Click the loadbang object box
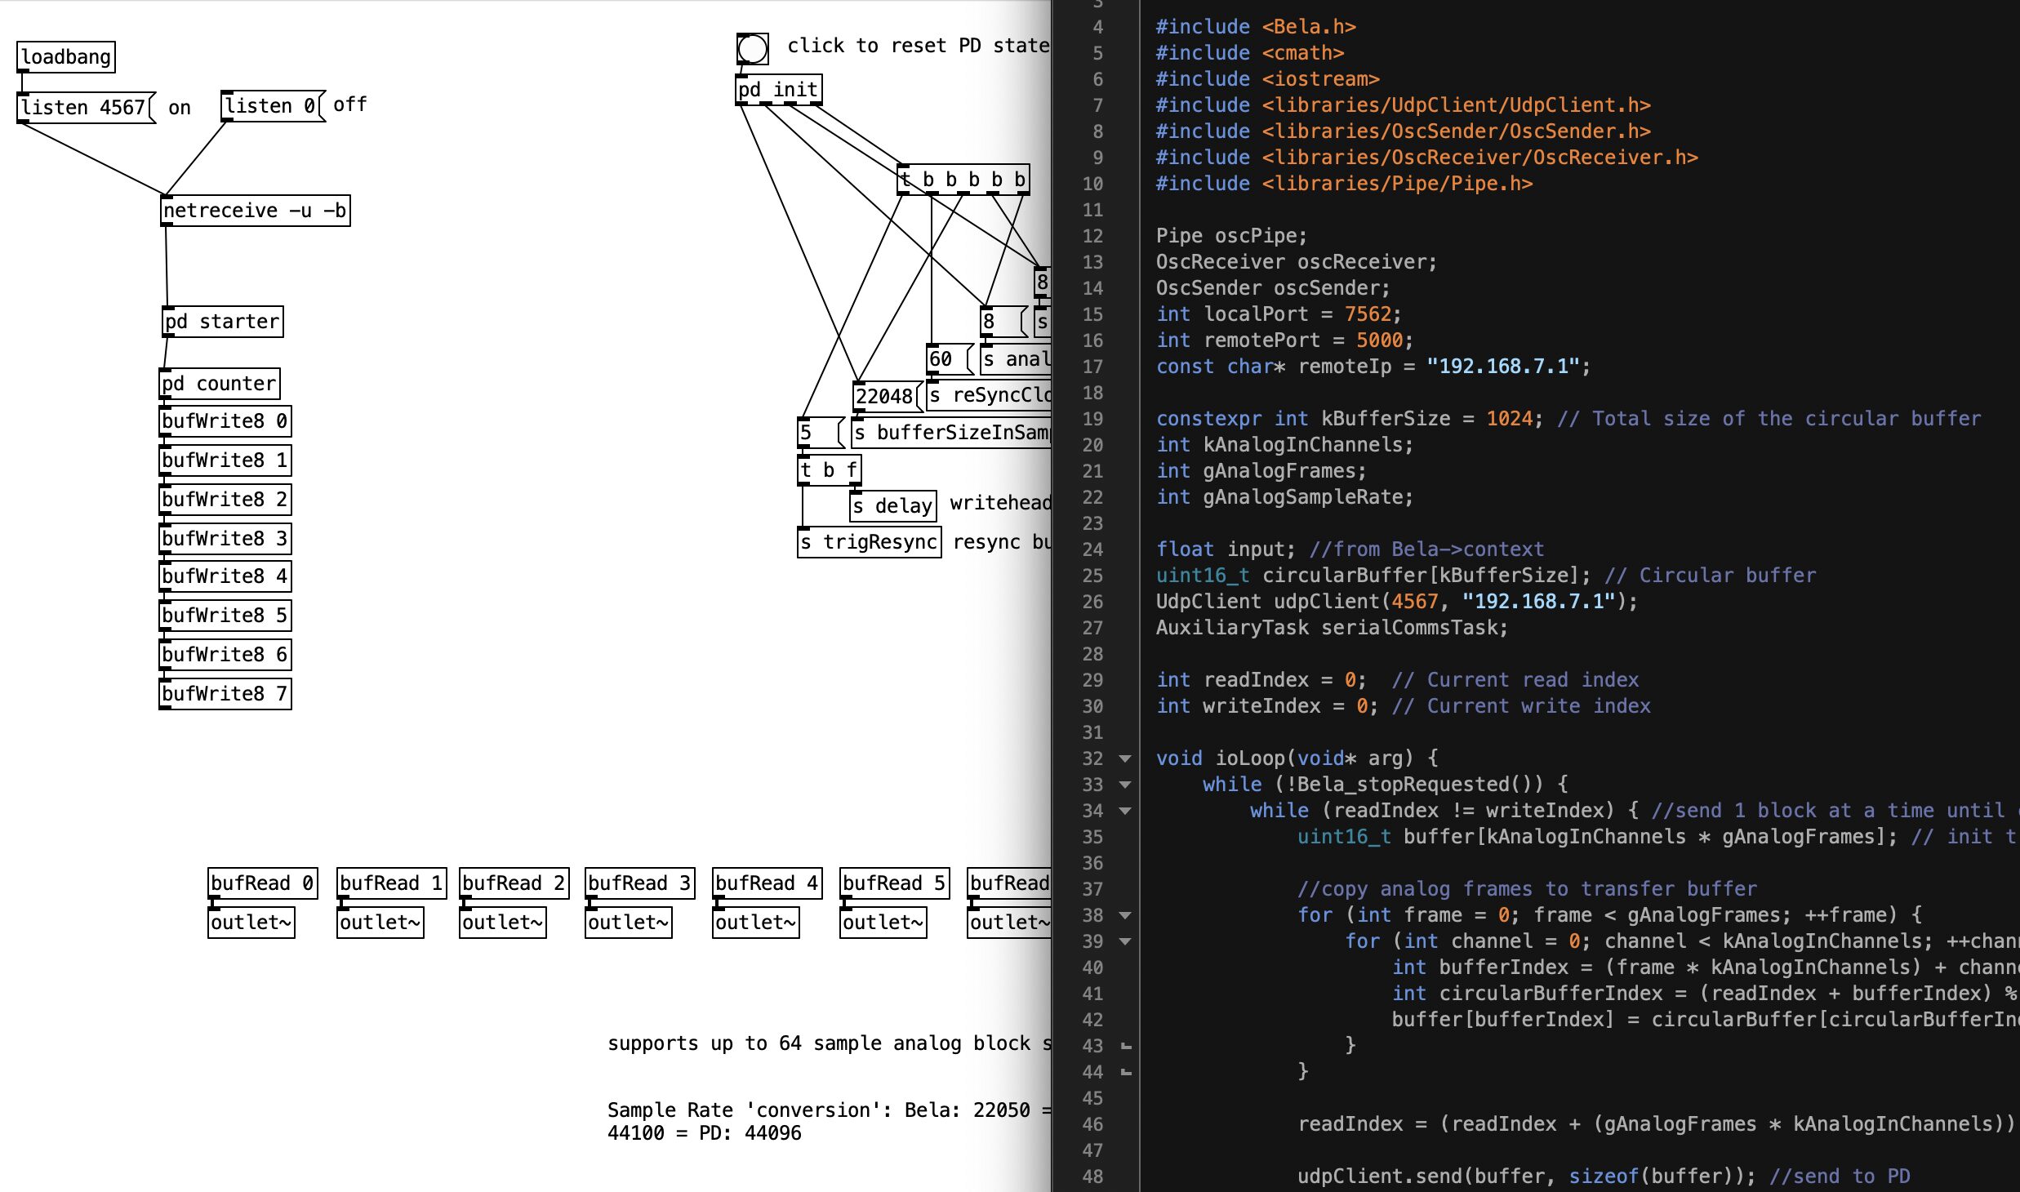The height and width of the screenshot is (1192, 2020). [66, 57]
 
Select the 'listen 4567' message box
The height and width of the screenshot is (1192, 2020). [87, 108]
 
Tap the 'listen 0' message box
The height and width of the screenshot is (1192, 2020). [273, 106]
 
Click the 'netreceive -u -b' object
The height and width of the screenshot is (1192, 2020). [256, 211]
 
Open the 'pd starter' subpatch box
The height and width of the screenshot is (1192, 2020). [223, 322]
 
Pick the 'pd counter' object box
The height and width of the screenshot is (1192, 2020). [220, 384]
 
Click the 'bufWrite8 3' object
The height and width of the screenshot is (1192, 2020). [225, 539]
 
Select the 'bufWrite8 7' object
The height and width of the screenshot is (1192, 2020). [225, 694]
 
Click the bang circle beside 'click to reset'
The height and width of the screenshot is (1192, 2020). [752, 49]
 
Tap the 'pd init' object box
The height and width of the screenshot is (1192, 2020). [779, 90]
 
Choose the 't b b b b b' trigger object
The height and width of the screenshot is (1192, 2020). [963, 180]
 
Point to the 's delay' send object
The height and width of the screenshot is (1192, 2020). [893, 506]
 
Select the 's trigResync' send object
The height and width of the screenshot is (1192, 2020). [870, 542]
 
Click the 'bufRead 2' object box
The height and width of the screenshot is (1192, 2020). [514, 883]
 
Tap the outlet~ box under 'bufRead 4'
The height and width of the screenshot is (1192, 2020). [756, 923]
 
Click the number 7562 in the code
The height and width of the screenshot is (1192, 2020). [1368, 314]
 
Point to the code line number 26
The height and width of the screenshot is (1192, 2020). [1092, 602]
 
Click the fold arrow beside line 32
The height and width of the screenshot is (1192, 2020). [1125, 758]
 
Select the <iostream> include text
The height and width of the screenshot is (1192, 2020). [1320, 79]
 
